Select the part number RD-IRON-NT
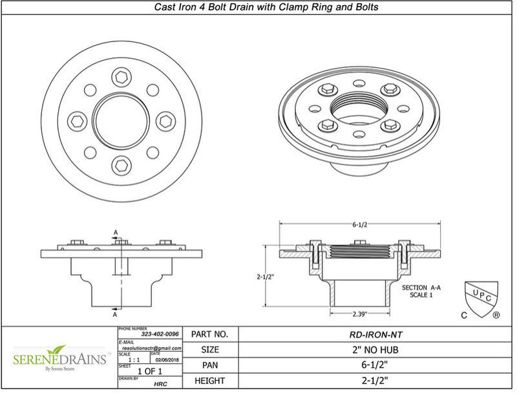375,335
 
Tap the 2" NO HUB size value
375,350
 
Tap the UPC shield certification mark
481,297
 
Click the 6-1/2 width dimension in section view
360,225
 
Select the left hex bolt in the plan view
77,121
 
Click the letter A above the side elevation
115,232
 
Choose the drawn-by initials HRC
161,383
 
